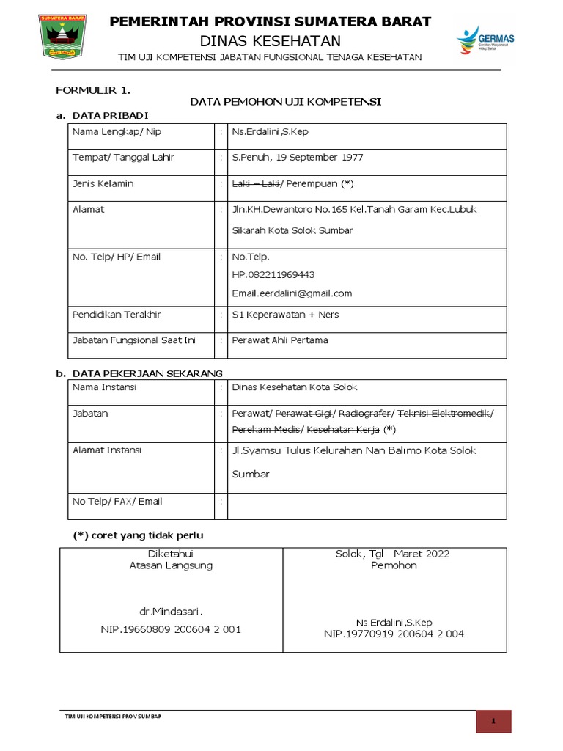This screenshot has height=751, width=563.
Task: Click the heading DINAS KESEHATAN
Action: [270, 40]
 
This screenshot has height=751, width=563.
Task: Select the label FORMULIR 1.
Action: [93, 90]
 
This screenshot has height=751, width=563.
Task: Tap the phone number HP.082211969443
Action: [273, 275]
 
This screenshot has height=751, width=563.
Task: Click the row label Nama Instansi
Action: [104, 387]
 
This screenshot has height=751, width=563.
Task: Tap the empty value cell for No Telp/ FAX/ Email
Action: [367, 505]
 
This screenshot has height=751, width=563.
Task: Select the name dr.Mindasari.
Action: [170, 611]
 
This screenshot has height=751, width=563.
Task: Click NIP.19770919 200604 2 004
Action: [394, 634]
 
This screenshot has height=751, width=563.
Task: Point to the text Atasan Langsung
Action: [170, 565]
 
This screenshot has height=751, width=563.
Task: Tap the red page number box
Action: [493, 722]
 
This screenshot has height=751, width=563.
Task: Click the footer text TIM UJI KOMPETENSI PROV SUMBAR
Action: [113, 716]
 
